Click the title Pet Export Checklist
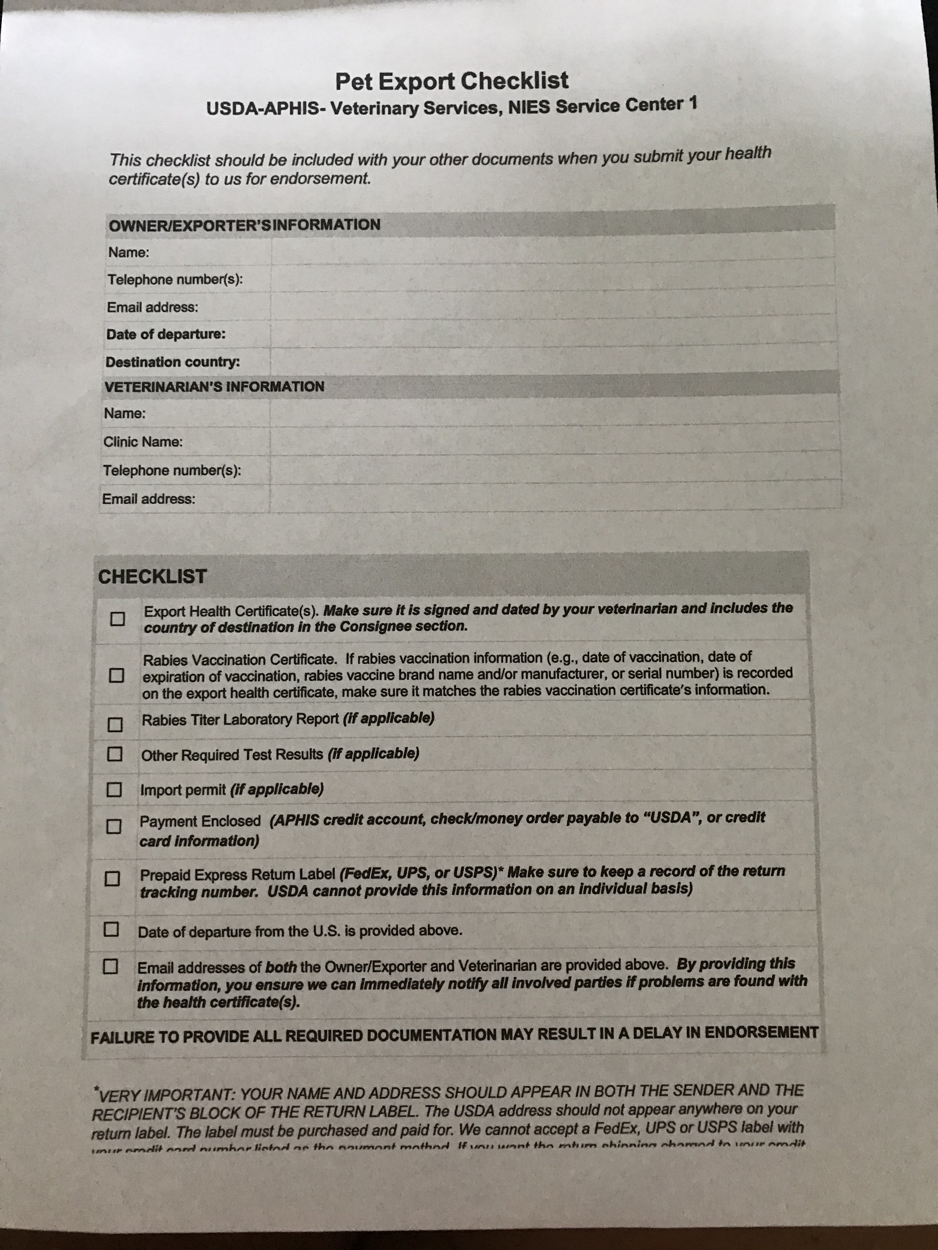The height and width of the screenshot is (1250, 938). tap(451, 81)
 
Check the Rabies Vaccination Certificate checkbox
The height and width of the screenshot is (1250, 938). tap(116, 675)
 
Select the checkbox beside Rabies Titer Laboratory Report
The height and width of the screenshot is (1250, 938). tap(115, 725)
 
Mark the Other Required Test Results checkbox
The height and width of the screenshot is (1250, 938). tap(115, 754)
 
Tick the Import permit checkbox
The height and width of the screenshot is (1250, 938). tap(114, 789)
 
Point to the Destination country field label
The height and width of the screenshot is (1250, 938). tap(172, 362)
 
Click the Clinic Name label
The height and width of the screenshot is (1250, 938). tap(143, 442)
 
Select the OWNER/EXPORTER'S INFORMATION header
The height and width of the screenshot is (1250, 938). tap(244, 225)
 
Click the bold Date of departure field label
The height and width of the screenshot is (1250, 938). tap(166, 334)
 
